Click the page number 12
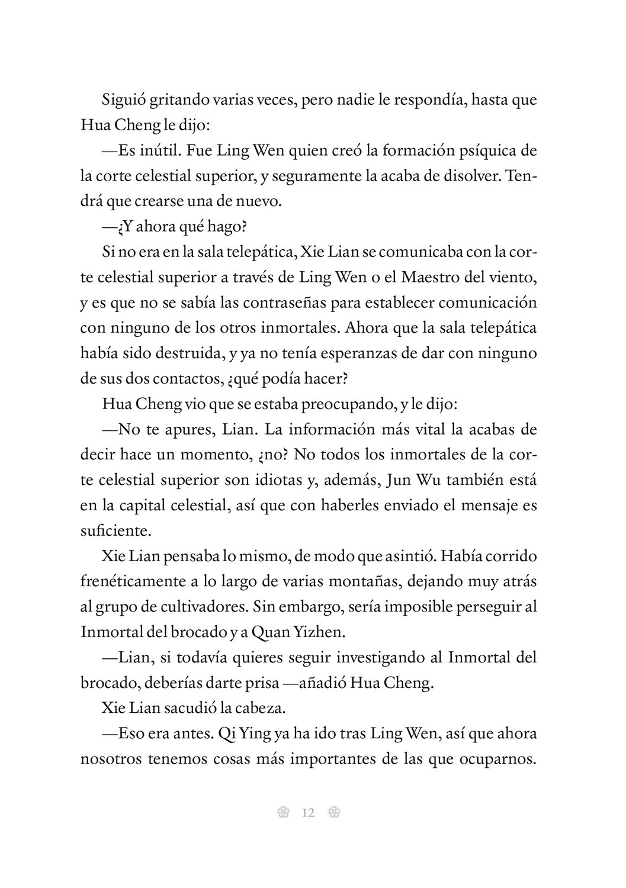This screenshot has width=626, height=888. pyautogui.click(x=308, y=812)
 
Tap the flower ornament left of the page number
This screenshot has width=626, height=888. pyautogui.click(x=283, y=812)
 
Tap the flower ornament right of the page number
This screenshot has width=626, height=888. pyautogui.click(x=333, y=812)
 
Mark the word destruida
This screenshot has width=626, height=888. pyautogui.click(x=185, y=353)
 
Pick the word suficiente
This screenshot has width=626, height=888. pyautogui.click(x=111, y=530)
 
